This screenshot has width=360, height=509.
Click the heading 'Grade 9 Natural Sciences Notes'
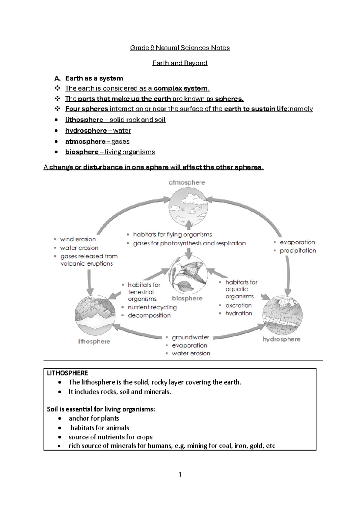click(x=180, y=48)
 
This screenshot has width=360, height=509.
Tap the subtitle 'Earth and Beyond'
click(x=180, y=63)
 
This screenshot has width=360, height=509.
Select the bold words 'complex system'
click(x=181, y=88)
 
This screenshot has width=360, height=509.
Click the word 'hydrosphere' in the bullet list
click(x=86, y=131)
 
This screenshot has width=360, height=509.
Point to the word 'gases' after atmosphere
click(x=120, y=141)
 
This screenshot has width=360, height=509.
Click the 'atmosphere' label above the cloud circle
click(x=187, y=182)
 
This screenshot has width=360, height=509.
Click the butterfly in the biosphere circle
click(x=192, y=269)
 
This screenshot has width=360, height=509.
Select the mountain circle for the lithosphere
click(x=95, y=315)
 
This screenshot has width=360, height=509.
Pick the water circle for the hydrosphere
click(x=282, y=315)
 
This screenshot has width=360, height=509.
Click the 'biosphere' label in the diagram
click(x=187, y=298)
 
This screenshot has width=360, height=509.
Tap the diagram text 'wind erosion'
click(x=78, y=239)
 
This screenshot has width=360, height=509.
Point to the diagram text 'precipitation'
click(x=298, y=251)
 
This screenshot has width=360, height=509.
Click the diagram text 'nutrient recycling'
click(x=152, y=307)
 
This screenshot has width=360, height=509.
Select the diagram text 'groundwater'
click(x=190, y=337)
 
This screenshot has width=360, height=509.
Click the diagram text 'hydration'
click(x=238, y=313)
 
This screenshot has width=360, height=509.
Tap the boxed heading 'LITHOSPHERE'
click(x=67, y=373)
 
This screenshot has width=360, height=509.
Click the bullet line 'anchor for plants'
click(x=94, y=418)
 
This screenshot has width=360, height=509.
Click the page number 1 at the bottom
click(x=180, y=474)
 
